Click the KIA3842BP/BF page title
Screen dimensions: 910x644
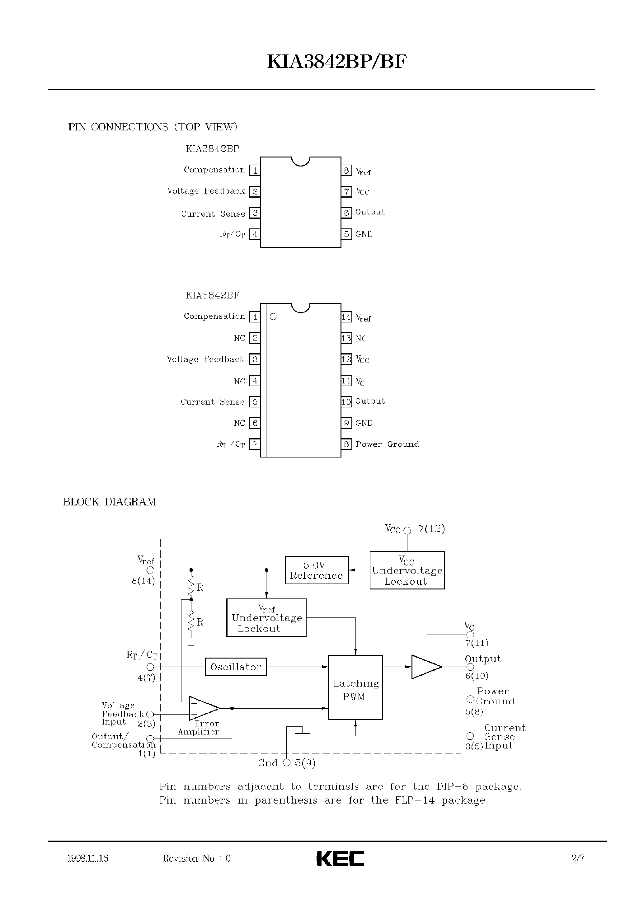coord(337,62)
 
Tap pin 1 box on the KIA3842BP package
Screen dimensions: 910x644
coord(255,171)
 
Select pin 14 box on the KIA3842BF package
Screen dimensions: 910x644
coord(346,317)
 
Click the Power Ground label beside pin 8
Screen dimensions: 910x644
coord(387,444)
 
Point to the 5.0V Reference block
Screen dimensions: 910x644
coord(317,570)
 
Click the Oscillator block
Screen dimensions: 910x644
coord(236,667)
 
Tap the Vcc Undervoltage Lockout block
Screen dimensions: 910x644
coord(407,570)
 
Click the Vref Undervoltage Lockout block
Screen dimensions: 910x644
coord(266,618)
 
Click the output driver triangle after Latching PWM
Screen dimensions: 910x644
coord(425,667)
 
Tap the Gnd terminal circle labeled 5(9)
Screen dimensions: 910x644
coord(287,762)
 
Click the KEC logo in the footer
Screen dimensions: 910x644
coord(340,858)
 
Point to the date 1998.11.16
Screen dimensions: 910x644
coord(88,858)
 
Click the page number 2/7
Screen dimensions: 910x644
coord(578,858)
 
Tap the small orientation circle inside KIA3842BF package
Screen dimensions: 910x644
coord(273,317)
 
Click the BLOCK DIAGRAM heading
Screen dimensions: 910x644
coord(110,502)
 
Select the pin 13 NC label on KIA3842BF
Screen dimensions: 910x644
coord(361,339)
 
